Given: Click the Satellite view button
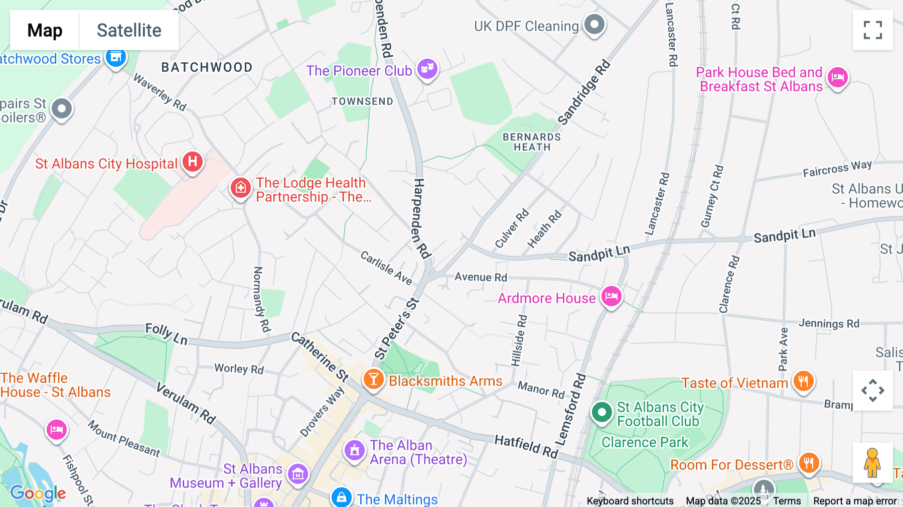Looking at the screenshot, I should tap(129, 30).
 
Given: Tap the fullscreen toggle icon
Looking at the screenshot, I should tap(872, 30).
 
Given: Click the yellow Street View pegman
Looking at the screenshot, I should tap(872, 463).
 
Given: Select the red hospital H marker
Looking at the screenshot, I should tap(193, 162).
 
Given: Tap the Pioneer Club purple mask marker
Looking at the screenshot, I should tap(427, 68).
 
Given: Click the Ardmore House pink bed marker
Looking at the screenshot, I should tap(611, 296).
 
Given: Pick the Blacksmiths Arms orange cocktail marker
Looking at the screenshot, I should tap(373, 379).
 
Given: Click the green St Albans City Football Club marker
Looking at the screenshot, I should tap(601, 412).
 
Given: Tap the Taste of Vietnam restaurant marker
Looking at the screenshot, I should tap(803, 381).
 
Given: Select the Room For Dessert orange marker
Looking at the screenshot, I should tap(808, 462).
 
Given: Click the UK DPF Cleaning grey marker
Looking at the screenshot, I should tap(595, 24).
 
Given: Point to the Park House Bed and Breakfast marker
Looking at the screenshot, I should tap(837, 78).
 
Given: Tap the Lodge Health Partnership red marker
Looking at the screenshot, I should tap(240, 188).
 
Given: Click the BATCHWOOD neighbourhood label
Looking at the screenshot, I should tap(207, 67).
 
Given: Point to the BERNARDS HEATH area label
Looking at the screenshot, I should tap(532, 142).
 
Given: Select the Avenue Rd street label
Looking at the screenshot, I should tap(481, 277).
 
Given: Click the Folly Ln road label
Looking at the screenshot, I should tap(166, 334).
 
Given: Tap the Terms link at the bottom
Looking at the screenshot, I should tap(787, 500).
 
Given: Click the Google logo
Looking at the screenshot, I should tap(38, 493).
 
